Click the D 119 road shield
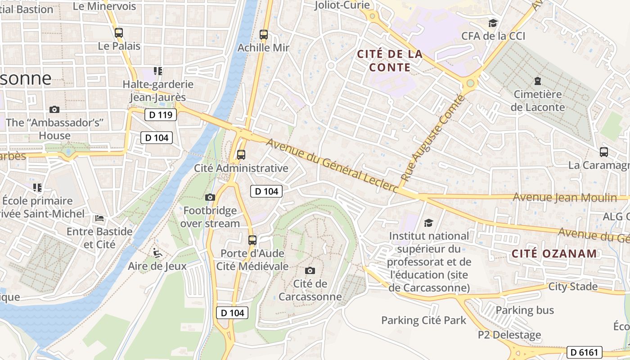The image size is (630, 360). [161, 115]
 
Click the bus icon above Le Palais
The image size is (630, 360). [119, 32]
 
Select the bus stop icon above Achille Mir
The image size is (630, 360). [264, 34]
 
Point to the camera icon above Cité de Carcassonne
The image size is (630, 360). [310, 270]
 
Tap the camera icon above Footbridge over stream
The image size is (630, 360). [210, 197]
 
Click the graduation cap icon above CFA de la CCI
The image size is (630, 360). [493, 23]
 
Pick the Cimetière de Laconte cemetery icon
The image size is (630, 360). [537, 81]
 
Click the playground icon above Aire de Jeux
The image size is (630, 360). [157, 253]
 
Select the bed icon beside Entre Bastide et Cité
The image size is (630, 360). [99, 219]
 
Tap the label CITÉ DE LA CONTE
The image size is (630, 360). [390, 61]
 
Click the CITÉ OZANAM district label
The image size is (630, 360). [554, 253]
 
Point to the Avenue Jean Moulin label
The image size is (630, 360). [565, 197]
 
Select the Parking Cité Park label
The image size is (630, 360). [424, 320]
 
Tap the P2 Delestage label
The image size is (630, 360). [509, 335]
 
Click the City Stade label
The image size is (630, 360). [573, 287]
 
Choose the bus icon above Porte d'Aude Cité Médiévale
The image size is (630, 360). [252, 240]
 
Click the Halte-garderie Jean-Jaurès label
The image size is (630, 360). [158, 90]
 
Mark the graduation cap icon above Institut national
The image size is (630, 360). [428, 223]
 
